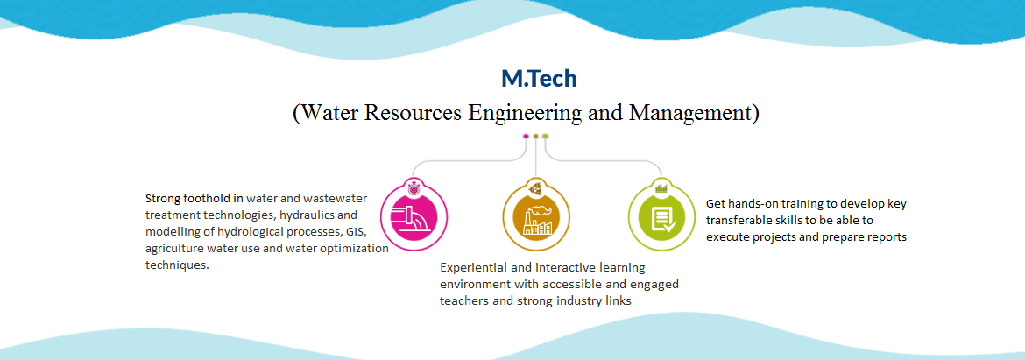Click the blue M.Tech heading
point(540,79)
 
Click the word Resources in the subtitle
point(411,112)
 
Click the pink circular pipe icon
point(414,215)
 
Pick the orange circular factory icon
point(536,215)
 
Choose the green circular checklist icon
point(661,215)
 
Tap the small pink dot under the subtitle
point(526,137)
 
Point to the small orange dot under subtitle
point(536,137)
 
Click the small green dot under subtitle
point(545,137)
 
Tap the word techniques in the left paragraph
point(177,265)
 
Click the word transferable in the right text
point(739,220)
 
